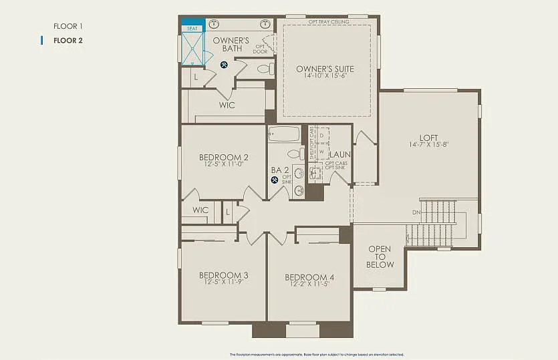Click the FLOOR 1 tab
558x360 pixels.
tap(68, 26)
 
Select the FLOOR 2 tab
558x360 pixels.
tap(68, 40)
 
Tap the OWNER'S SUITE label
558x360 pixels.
tap(325, 69)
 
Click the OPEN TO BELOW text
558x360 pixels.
tap(380, 256)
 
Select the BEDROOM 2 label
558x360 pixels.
tap(223, 158)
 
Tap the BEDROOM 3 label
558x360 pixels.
tap(223, 275)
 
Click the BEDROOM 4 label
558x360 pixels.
tap(309, 277)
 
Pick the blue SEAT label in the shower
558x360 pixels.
tap(192, 29)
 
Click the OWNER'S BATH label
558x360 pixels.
tap(231, 44)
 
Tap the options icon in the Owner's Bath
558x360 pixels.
tap(224, 65)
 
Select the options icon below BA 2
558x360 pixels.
tap(275, 179)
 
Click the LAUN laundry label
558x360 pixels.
tap(339, 154)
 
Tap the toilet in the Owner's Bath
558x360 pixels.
tap(264, 68)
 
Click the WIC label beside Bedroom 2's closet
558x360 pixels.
tap(200, 210)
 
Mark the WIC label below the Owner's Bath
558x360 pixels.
tap(227, 105)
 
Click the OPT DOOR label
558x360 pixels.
tap(261, 49)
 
